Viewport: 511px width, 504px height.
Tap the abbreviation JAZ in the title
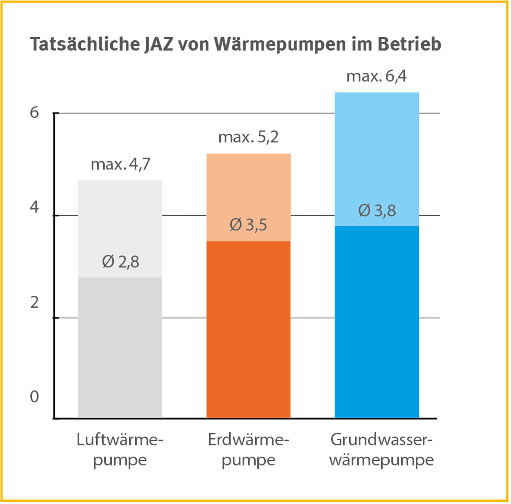click(x=158, y=44)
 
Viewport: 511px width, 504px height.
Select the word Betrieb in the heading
click(x=409, y=44)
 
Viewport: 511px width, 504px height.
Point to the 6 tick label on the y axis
click(x=34, y=112)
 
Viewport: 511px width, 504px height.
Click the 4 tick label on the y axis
click(x=34, y=207)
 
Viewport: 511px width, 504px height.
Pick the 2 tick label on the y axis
click(x=34, y=302)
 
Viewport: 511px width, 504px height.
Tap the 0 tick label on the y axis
click(x=34, y=397)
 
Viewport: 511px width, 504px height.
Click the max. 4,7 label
click(x=121, y=164)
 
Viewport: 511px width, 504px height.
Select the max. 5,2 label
click(x=248, y=137)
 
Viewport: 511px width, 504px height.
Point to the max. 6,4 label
click(x=376, y=76)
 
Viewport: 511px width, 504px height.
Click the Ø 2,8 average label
click(x=121, y=262)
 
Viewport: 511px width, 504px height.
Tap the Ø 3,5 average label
click(x=248, y=225)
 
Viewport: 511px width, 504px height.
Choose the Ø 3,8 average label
click(x=377, y=211)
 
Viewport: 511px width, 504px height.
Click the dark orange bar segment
click(x=248, y=330)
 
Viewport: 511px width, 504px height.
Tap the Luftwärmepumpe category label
click(x=120, y=450)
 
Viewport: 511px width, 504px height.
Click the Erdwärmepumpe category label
click(x=248, y=450)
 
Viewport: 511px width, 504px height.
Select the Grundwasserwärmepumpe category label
click(x=381, y=450)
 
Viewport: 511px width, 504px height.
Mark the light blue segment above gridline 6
click(x=377, y=103)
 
